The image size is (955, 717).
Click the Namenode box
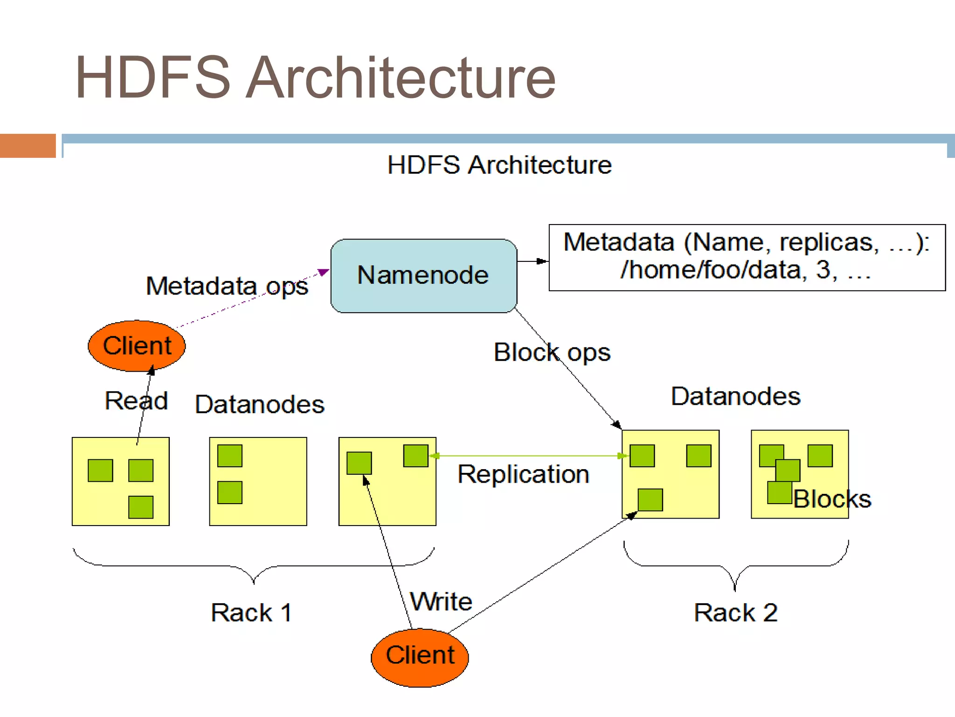click(423, 275)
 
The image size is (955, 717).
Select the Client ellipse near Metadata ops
click(137, 346)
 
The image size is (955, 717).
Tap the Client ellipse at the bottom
click(420, 657)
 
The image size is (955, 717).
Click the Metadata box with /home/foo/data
click(747, 257)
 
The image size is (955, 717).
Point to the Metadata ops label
click(227, 286)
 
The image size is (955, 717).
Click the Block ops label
click(552, 352)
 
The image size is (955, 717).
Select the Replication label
click(523, 474)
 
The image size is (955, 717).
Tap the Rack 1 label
click(251, 612)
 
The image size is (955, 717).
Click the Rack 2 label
click(735, 612)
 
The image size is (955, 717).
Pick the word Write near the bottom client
click(441, 601)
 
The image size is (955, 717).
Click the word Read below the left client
click(136, 401)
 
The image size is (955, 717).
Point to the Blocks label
click(832, 499)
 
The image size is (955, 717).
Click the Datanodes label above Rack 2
click(735, 396)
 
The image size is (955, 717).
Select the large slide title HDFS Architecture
click(315, 77)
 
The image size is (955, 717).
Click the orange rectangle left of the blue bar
click(28, 146)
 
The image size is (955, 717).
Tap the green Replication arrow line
click(527, 456)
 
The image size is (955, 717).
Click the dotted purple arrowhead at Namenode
click(323, 272)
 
